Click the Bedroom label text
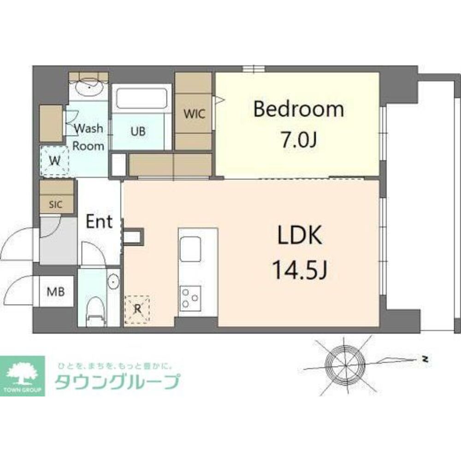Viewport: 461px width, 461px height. pos(298,110)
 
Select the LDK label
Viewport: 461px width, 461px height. pos(299,236)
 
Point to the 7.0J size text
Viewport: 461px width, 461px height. pos(298,139)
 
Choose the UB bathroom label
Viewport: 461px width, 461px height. pos(137,131)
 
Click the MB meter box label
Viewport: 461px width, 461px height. pos(56,291)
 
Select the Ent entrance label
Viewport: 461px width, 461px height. pos(100,222)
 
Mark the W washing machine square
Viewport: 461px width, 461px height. pos(54,161)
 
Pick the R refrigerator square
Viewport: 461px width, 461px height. pos(137,309)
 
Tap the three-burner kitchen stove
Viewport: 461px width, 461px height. pos(190,297)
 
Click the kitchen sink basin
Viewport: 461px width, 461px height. pos(189,249)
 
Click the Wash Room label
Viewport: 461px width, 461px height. pos(89,137)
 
